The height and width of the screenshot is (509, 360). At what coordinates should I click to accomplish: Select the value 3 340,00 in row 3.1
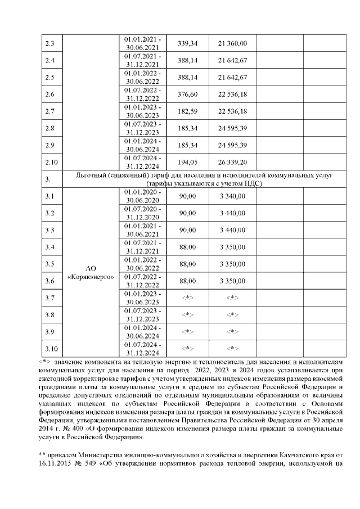[233, 196]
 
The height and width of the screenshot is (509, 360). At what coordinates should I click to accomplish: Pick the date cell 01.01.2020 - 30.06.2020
[142, 196]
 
